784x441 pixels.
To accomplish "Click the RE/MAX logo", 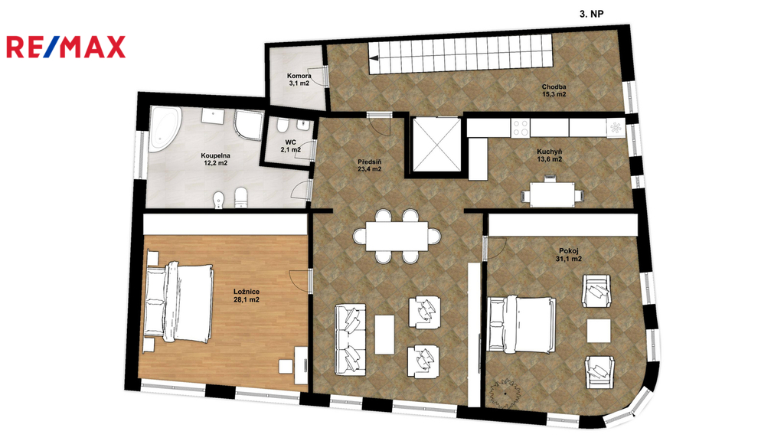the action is point(66,47).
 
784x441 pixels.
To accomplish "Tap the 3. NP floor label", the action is point(592,14).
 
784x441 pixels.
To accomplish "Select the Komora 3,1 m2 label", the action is point(299,80).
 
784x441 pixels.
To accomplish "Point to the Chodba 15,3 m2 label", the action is point(554,90).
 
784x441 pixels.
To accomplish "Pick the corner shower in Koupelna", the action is point(249,126).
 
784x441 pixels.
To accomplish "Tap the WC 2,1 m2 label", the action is point(290,146).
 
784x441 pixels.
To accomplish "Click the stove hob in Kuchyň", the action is point(520,128).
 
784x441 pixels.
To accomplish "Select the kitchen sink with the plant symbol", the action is point(616,128).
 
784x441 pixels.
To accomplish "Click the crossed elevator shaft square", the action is point(436,145).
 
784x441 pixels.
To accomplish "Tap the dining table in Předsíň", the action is point(397,236).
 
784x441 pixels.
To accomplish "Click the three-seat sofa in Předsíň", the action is point(350,339).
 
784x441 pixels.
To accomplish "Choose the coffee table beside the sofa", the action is point(384,335).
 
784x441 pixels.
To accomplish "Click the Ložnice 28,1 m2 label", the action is point(247,296).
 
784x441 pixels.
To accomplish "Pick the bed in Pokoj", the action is point(521,324).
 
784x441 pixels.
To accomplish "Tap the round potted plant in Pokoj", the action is point(505,394).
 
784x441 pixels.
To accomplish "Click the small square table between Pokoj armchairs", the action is point(599,331).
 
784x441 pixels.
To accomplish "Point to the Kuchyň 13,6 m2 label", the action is point(550,155).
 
